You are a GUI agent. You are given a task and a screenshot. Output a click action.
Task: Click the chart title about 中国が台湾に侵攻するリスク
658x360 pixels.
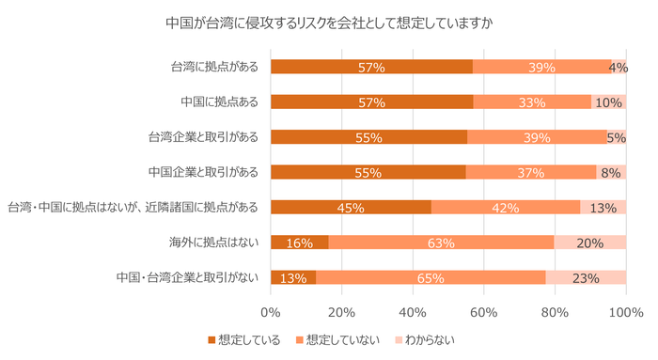click(x=328, y=22)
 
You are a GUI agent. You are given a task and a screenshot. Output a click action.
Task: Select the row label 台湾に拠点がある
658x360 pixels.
click(x=215, y=67)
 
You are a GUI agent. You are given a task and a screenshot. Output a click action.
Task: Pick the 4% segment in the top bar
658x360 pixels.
click(x=619, y=67)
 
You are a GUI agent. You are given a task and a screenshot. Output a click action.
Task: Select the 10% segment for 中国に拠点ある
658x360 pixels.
click(x=608, y=102)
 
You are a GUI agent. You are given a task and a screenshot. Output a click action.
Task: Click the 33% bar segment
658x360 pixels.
click(x=532, y=102)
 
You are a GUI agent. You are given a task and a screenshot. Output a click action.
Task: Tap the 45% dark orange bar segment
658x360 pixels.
click(x=351, y=207)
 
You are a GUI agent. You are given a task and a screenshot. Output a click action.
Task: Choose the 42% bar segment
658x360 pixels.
click(x=506, y=207)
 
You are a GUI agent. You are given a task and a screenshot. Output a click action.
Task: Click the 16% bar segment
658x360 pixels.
click(x=299, y=243)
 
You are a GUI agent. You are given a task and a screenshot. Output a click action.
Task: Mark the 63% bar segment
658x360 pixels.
click(x=441, y=243)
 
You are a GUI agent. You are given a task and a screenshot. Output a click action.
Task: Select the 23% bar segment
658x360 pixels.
click(x=586, y=277)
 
